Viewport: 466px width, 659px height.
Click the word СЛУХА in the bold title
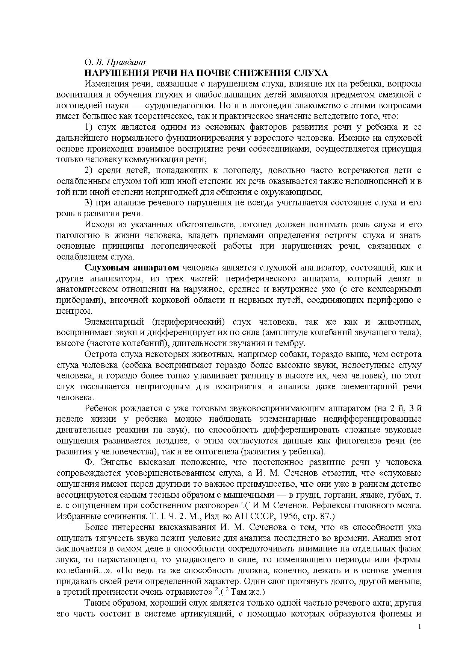coord(309,73)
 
